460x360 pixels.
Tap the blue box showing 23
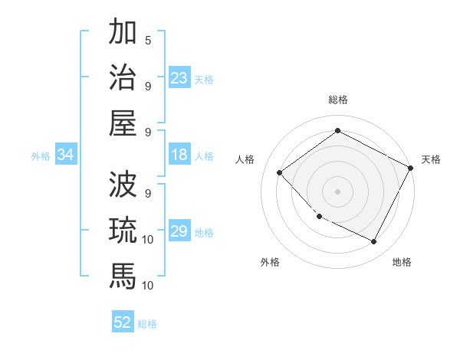pyautogui.click(x=179, y=78)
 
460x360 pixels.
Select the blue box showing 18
pyautogui.click(x=179, y=155)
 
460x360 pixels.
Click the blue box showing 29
pyautogui.click(x=179, y=232)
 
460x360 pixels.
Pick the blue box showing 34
pyautogui.click(x=66, y=155)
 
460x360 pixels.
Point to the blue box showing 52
pyautogui.click(x=123, y=322)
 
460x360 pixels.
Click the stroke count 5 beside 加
pyautogui.click(x=148, y=40)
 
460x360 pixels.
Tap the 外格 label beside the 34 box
pyautogui.click(x=41, y=156)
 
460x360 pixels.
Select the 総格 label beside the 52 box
pyautogui.click(x=148, y=324)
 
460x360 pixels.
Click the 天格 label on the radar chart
pyautogui.click(x=431, y=159)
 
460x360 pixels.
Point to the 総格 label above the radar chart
pyautogui.click(x=337, y=100)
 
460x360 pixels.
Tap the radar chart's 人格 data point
pyautogui.click(x=280, y=172)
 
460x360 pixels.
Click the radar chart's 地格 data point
pyautogui.click(x=373, y=242)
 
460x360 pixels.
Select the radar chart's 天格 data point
pyautogui.click(x=411, y=169)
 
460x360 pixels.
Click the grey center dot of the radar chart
pyautogui.click(x=337, y=191)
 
